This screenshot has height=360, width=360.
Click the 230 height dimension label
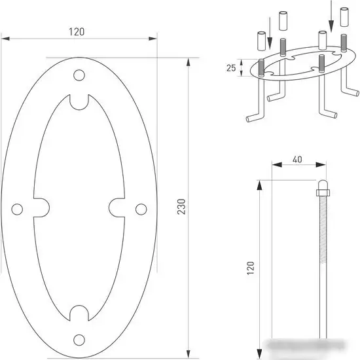click(x=182, y=206)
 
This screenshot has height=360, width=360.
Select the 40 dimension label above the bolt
click(x=297, y=158)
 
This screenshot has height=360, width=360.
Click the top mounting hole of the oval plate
click(x=79, y=75)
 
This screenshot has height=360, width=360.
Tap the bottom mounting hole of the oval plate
click(x=79, y=338)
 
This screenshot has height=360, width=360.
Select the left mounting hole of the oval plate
click(x=18, y=208)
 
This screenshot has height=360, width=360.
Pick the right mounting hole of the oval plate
click(x=141, y=208)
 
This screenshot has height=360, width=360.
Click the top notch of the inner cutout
click(x=79, y=101)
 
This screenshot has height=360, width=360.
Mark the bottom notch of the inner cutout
click(x=79, y=313)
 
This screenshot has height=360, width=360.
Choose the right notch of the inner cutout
click(x=118, y=207)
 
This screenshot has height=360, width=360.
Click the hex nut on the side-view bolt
click(x=322, y=192)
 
